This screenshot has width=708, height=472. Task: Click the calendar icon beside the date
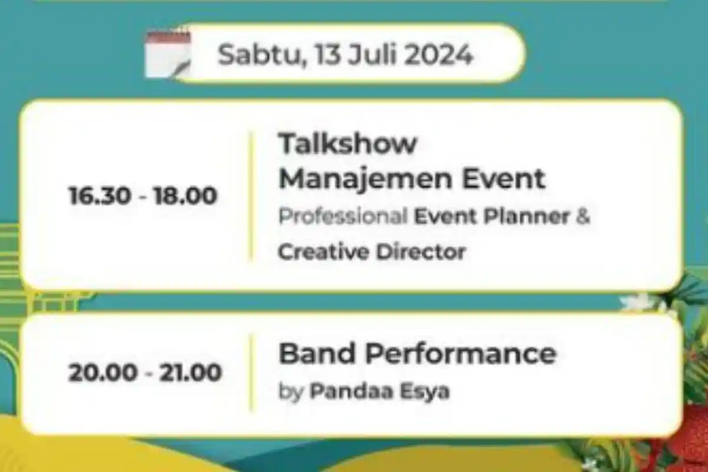click(168, 55)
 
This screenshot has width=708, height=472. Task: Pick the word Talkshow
click(348, 143)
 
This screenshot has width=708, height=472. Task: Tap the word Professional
click(343, 217)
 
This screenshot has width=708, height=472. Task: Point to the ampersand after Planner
click(583, 217)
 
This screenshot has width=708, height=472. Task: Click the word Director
click(421, 252)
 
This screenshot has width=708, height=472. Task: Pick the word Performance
click(460, 354)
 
